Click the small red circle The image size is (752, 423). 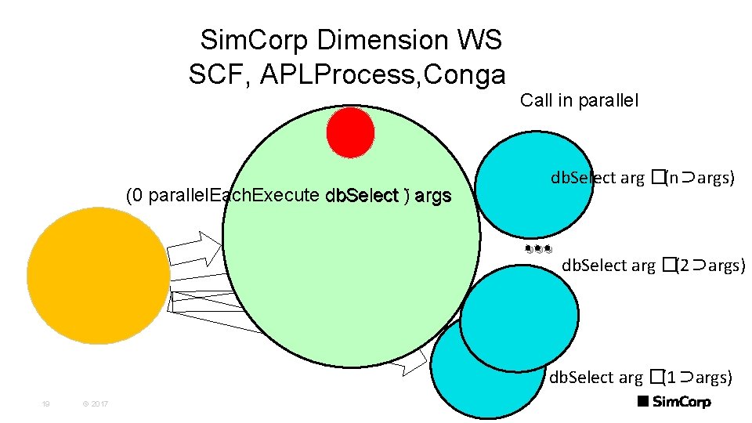coord(350,132)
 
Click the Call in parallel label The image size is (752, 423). coord(579,100)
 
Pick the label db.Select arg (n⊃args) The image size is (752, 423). coord(642,179)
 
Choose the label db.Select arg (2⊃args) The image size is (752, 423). coord(653,266)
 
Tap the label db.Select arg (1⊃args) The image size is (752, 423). coord(641,378)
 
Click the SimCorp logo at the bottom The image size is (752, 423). coord(674,402)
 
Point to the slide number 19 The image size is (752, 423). coord(46,403)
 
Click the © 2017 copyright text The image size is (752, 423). coord(95,403)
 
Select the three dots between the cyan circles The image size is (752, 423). coord(539,250)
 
